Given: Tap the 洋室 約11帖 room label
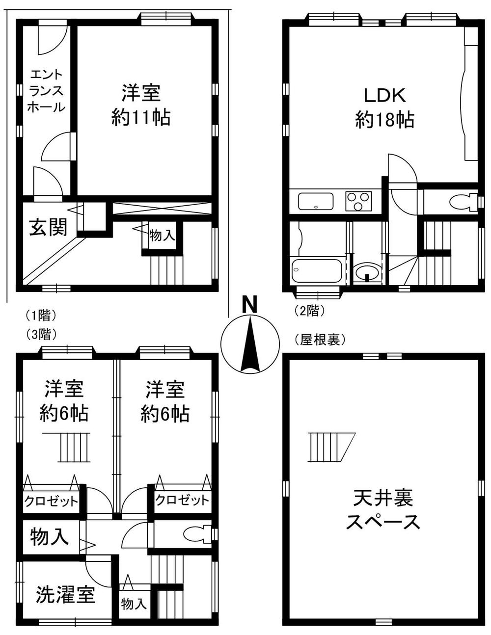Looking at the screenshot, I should pyautogui.click(x=141, y=105).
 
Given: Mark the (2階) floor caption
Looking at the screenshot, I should pyautogui.click(x=310, y=311).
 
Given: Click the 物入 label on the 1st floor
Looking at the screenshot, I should pyautogui.click(x=162, y=236).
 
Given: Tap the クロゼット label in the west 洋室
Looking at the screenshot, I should pyautogui.click(x=52, y=502).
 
